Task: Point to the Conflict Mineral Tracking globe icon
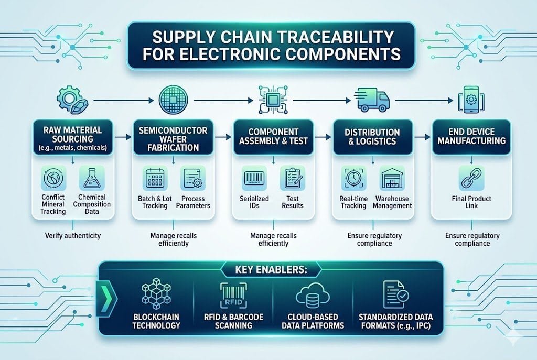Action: [x=53, y=179]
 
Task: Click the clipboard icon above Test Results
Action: [x=292, y=179]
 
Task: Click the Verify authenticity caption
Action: [x=73, y=236]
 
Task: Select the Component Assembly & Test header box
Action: [x=271, y=137]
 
